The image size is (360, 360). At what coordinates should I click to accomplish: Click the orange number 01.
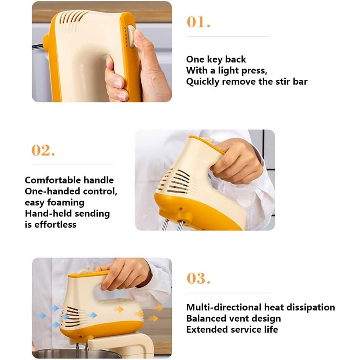(198, 22)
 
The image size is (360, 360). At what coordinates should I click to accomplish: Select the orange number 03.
(198, 278)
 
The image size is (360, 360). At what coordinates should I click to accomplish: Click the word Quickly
(202, 82)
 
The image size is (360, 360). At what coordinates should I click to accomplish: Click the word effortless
(55, 225)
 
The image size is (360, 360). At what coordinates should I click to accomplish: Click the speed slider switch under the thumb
(132, 36)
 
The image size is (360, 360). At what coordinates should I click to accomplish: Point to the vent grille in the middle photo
(174, 181)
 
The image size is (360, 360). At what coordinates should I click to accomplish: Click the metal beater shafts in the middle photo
(172, 224)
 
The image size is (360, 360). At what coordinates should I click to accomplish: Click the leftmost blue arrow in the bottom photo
(42, 316)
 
